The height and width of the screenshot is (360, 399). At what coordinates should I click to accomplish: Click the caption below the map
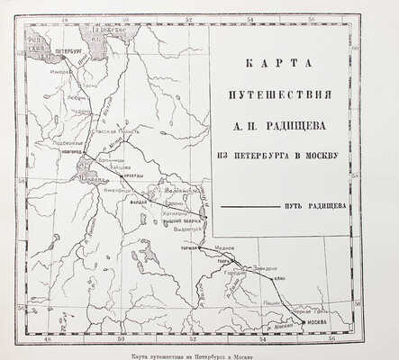pyautogui.click(x=198, y=354)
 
